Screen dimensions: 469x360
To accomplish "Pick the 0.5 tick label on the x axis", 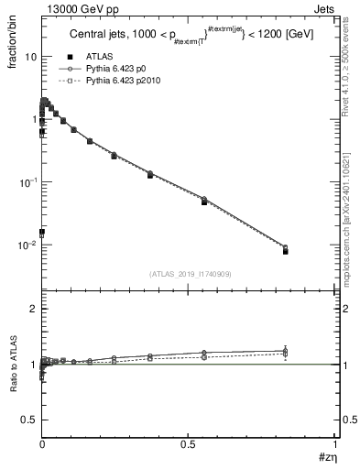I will (x=189, y=444).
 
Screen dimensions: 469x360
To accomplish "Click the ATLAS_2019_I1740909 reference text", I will (x=190, y=274).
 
